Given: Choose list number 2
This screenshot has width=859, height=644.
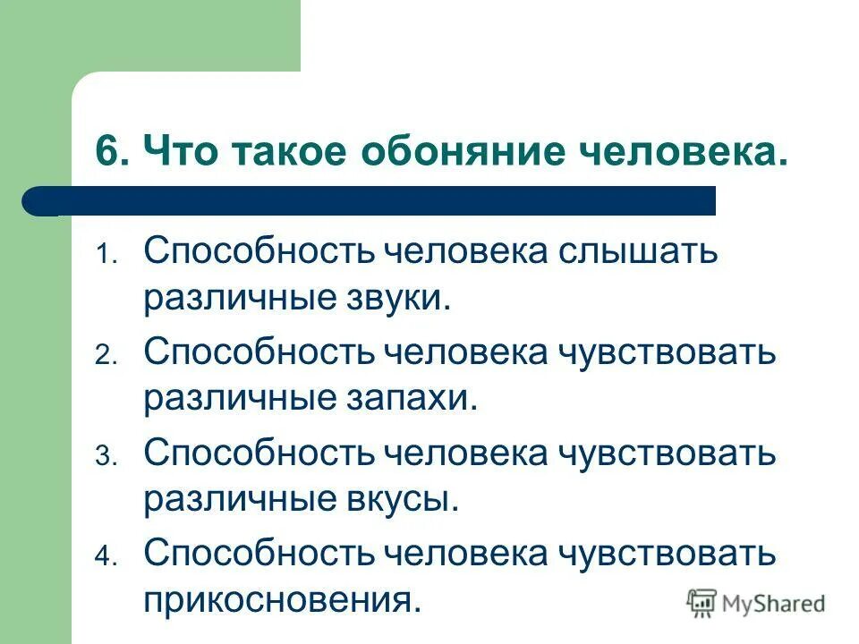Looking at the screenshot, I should (102, 357).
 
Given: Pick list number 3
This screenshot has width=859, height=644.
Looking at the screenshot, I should (102, 458).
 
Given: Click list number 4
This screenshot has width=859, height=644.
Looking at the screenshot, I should (102, 558).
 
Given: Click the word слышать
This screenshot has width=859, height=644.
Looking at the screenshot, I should (639, 251).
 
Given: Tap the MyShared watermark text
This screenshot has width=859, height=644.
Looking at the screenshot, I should (775, 603).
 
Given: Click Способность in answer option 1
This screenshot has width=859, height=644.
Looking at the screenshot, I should (257, 251).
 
